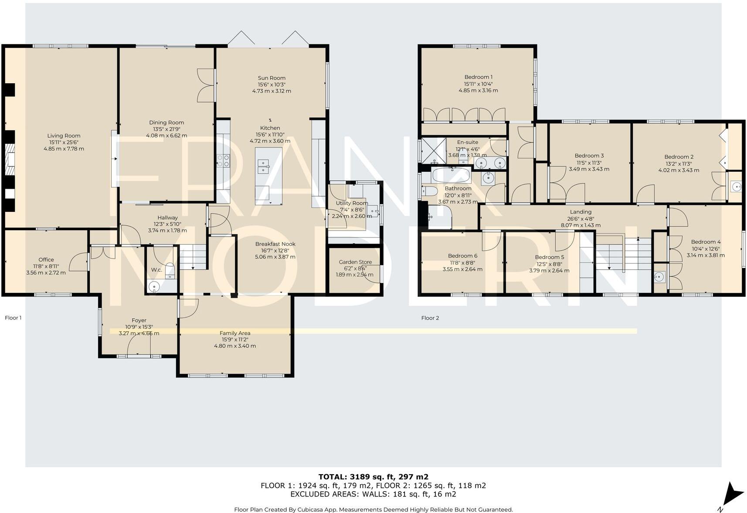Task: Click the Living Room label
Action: (x=64, y=136)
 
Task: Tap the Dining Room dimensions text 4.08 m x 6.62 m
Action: (x=166, y=136)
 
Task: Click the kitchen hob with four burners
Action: (x=223, y=161)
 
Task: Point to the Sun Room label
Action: (x=272, y=78)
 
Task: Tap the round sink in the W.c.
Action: (x=154, y=287)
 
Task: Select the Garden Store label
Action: (x=355, y=262)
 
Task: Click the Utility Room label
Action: (x=352, y=203)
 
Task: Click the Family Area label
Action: (x=235, y=333)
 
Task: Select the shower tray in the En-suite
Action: (x=433, y=150)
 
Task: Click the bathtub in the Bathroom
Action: (x=451, y=177)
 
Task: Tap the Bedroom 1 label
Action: (x=478, y=77)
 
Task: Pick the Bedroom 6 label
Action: (x=462, y=256)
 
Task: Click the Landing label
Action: (x=581, y=212)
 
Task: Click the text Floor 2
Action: (x=430, y=318)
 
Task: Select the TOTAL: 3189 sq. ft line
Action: (x=373, y=476)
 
